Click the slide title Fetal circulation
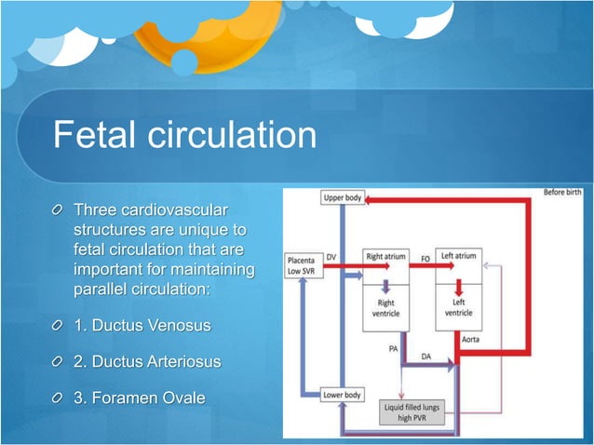(184, 137)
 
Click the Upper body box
(343, 198)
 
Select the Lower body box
(343, 395)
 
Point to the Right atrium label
(386, 255)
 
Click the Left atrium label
(458, 255)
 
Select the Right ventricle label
(386, 308)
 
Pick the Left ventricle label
(458, 308)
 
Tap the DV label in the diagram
(331, 256)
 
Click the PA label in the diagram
(394, 348)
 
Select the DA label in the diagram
(426, 356)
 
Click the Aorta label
(472, 341)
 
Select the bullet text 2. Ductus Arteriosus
(147, 362)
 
